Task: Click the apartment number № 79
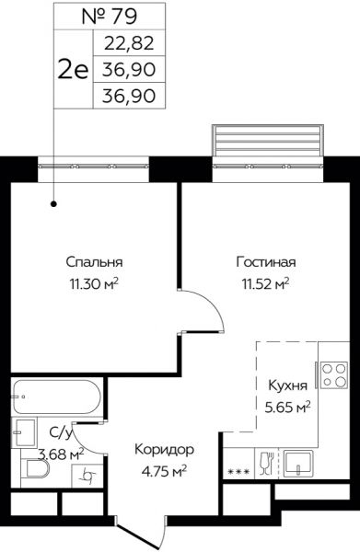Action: coord(110,17)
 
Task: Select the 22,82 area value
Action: coord(129,43)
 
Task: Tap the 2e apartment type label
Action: coord(74,69)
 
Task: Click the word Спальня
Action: coord(95,262)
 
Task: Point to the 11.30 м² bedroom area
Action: coord(94,283)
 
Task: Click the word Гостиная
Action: coord(266,262)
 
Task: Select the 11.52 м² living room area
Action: coord(265,283)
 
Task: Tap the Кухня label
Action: coord(288,385)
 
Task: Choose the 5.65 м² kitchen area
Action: coord(288,408)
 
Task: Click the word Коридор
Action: coord(165,450)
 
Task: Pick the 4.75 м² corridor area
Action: coord(164,471)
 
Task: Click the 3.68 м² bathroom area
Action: coord(61,454)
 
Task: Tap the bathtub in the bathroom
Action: coord(57,397)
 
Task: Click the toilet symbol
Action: coord(34,469)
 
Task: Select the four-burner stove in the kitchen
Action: coord(333,375)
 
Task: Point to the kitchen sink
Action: coord(298,464)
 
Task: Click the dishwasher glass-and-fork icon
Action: coord(266,464)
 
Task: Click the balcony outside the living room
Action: coord(268,140)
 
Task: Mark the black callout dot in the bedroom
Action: coord(54,204)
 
